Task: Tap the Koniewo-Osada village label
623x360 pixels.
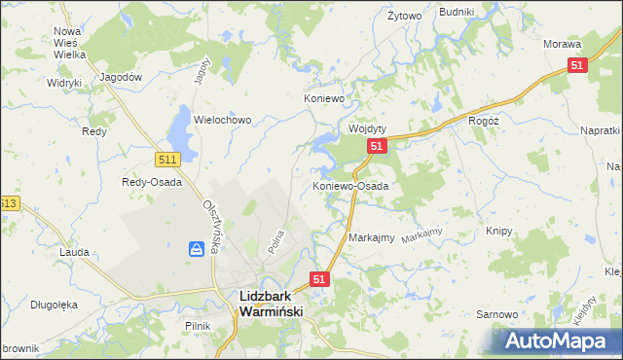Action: click(x=350, y=185)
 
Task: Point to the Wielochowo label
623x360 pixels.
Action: click(x=223, y=120)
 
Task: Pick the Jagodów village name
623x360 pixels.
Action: click(x=122, y=77)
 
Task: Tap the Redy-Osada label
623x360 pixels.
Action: click(x=151, y=182)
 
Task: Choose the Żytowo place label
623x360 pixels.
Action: click(x=404, y=16)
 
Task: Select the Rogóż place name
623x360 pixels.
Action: click(x=483, y=120)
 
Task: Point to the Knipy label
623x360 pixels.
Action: click(x=498, y=232)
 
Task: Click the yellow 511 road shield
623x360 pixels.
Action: click(x=166, y=159)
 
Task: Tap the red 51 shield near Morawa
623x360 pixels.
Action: click(x=578, y=65)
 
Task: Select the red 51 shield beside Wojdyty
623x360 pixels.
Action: click(x=378, y=147)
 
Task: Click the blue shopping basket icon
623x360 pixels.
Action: click(x=197, y=250)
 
